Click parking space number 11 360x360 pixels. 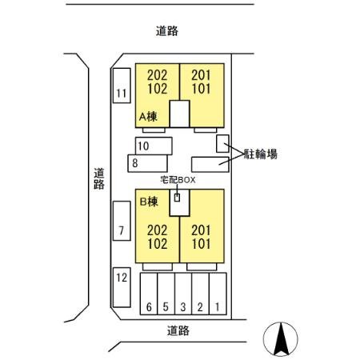pyautogui.click(x=122, y=86)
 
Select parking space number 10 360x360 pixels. pyautogui.click(x=154, y=146)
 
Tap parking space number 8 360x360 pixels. pyautogui.click(x=147, y=163)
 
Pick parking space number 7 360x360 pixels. pyautogui.click(x=122, y=221)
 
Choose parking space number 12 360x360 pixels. pyautogui.click(x=122, y=287)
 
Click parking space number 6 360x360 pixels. pyautogui.click(x=149, y=294)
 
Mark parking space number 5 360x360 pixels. pyautogui.click(x=166, y=294)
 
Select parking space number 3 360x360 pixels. pyautogui.click(x=183, y=294)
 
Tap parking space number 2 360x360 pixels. pyautogui.click(x=200, y=294)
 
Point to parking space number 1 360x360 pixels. pyautogui.click(x=218, y=294)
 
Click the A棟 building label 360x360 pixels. pyautogui.click(x=148, y=117)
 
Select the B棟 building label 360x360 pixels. pyautogui.click(x=149, y=202)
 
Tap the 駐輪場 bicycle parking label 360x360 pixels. pyautogui.click(x=261, y=154)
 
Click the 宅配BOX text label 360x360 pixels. pyautogui.click(x=178, y=180)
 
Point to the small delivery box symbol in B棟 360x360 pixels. pyautogui.click(x=177, y=198)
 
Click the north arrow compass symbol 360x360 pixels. pyautogui.click(x=281, y=339)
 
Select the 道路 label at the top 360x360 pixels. pyautogui.click(x=167, y=31)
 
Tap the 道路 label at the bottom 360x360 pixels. pyautogui.click(x=178, y=330)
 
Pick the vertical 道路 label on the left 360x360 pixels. pyautogui.click(x=99, y=178)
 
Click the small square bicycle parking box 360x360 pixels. pyautogui.click(x=222, y=144)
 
